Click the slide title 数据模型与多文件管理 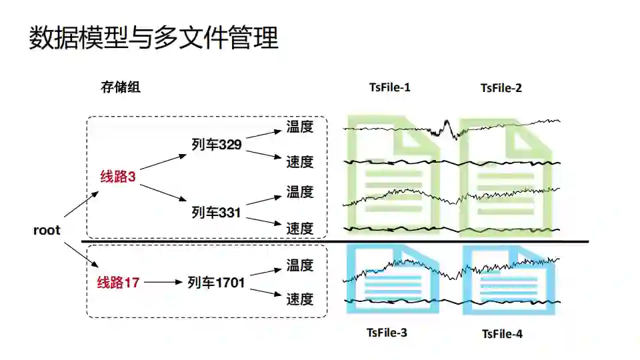coord(153,38)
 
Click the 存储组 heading coord(121,87)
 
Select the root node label coord(47,231)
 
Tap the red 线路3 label coord(118,177)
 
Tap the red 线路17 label coord(118,283)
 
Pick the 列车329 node coord(216,145)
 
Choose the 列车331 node coord(216,212)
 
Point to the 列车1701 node coord(216,283)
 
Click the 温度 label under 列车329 coord(300,127)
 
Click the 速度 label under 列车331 coord(300,229)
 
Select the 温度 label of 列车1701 coord(300,265)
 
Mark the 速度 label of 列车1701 coord(300,299)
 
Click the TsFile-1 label coord(389,87)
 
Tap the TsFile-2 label coord(501,88)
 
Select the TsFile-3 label coord(387,332)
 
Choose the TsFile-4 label coord(502,333)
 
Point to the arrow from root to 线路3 coord(82,203)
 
